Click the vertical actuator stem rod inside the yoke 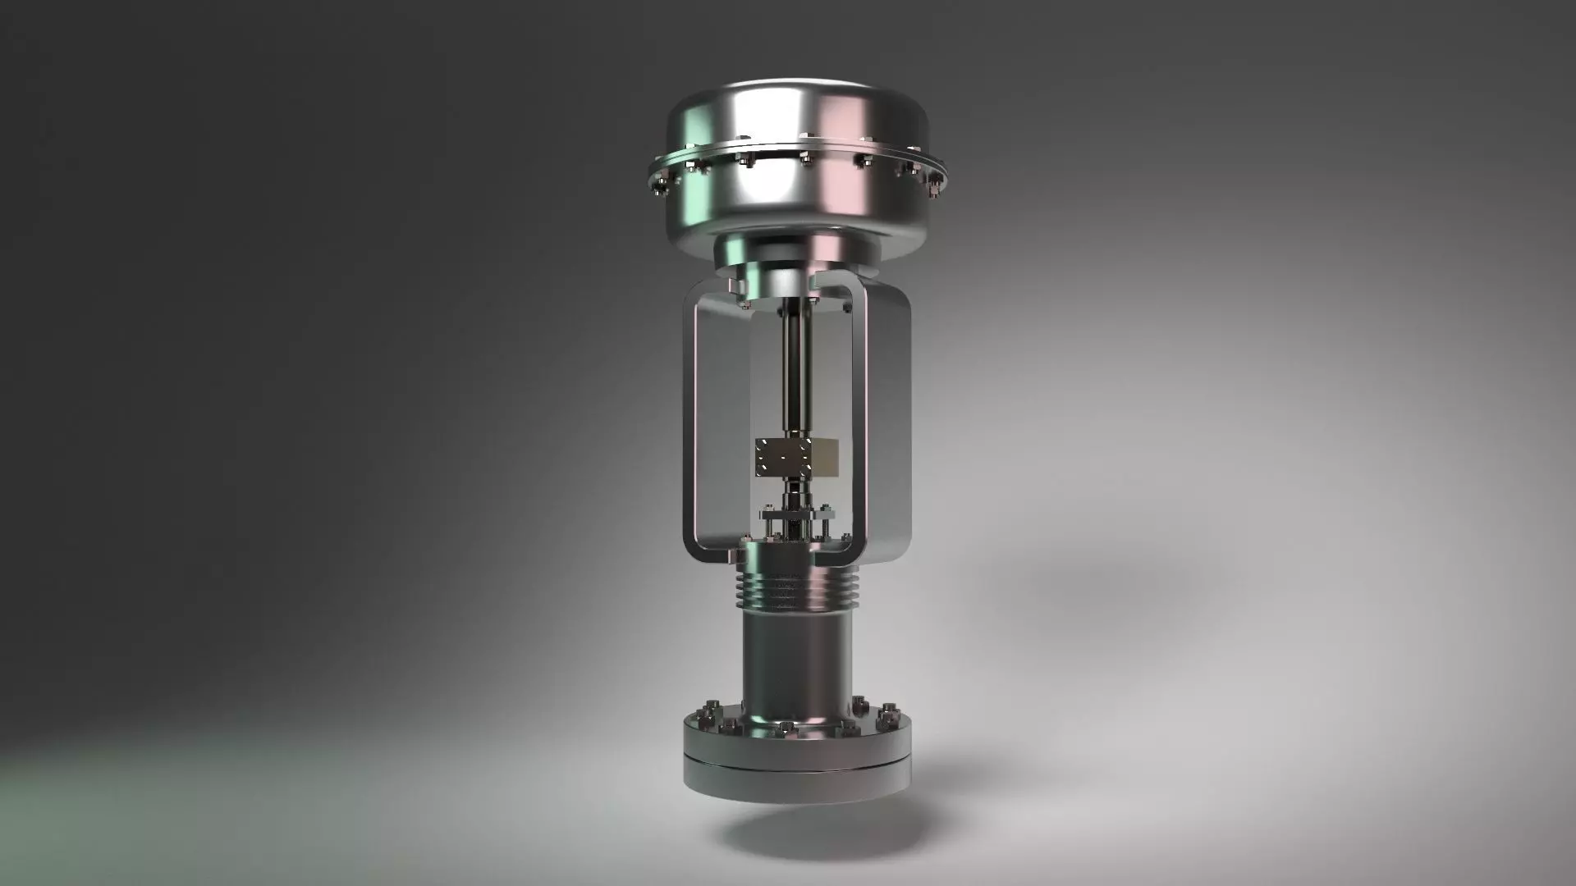(795, 369)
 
